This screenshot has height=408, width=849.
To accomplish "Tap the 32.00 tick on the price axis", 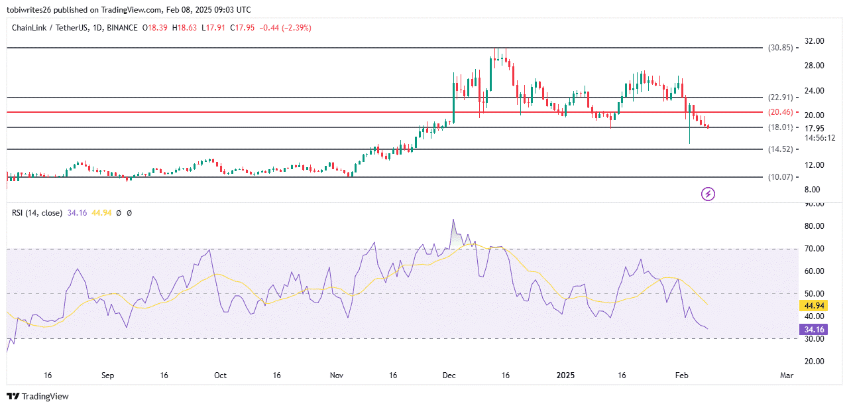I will [814, 41].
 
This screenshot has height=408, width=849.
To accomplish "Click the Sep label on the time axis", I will [108, 375].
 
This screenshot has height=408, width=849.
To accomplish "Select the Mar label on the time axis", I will [787, 375].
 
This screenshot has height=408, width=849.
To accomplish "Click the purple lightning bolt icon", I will [708, 194].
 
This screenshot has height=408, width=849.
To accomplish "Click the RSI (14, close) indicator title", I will [37, 213].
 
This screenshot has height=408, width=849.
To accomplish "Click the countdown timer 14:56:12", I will [819, 138].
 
